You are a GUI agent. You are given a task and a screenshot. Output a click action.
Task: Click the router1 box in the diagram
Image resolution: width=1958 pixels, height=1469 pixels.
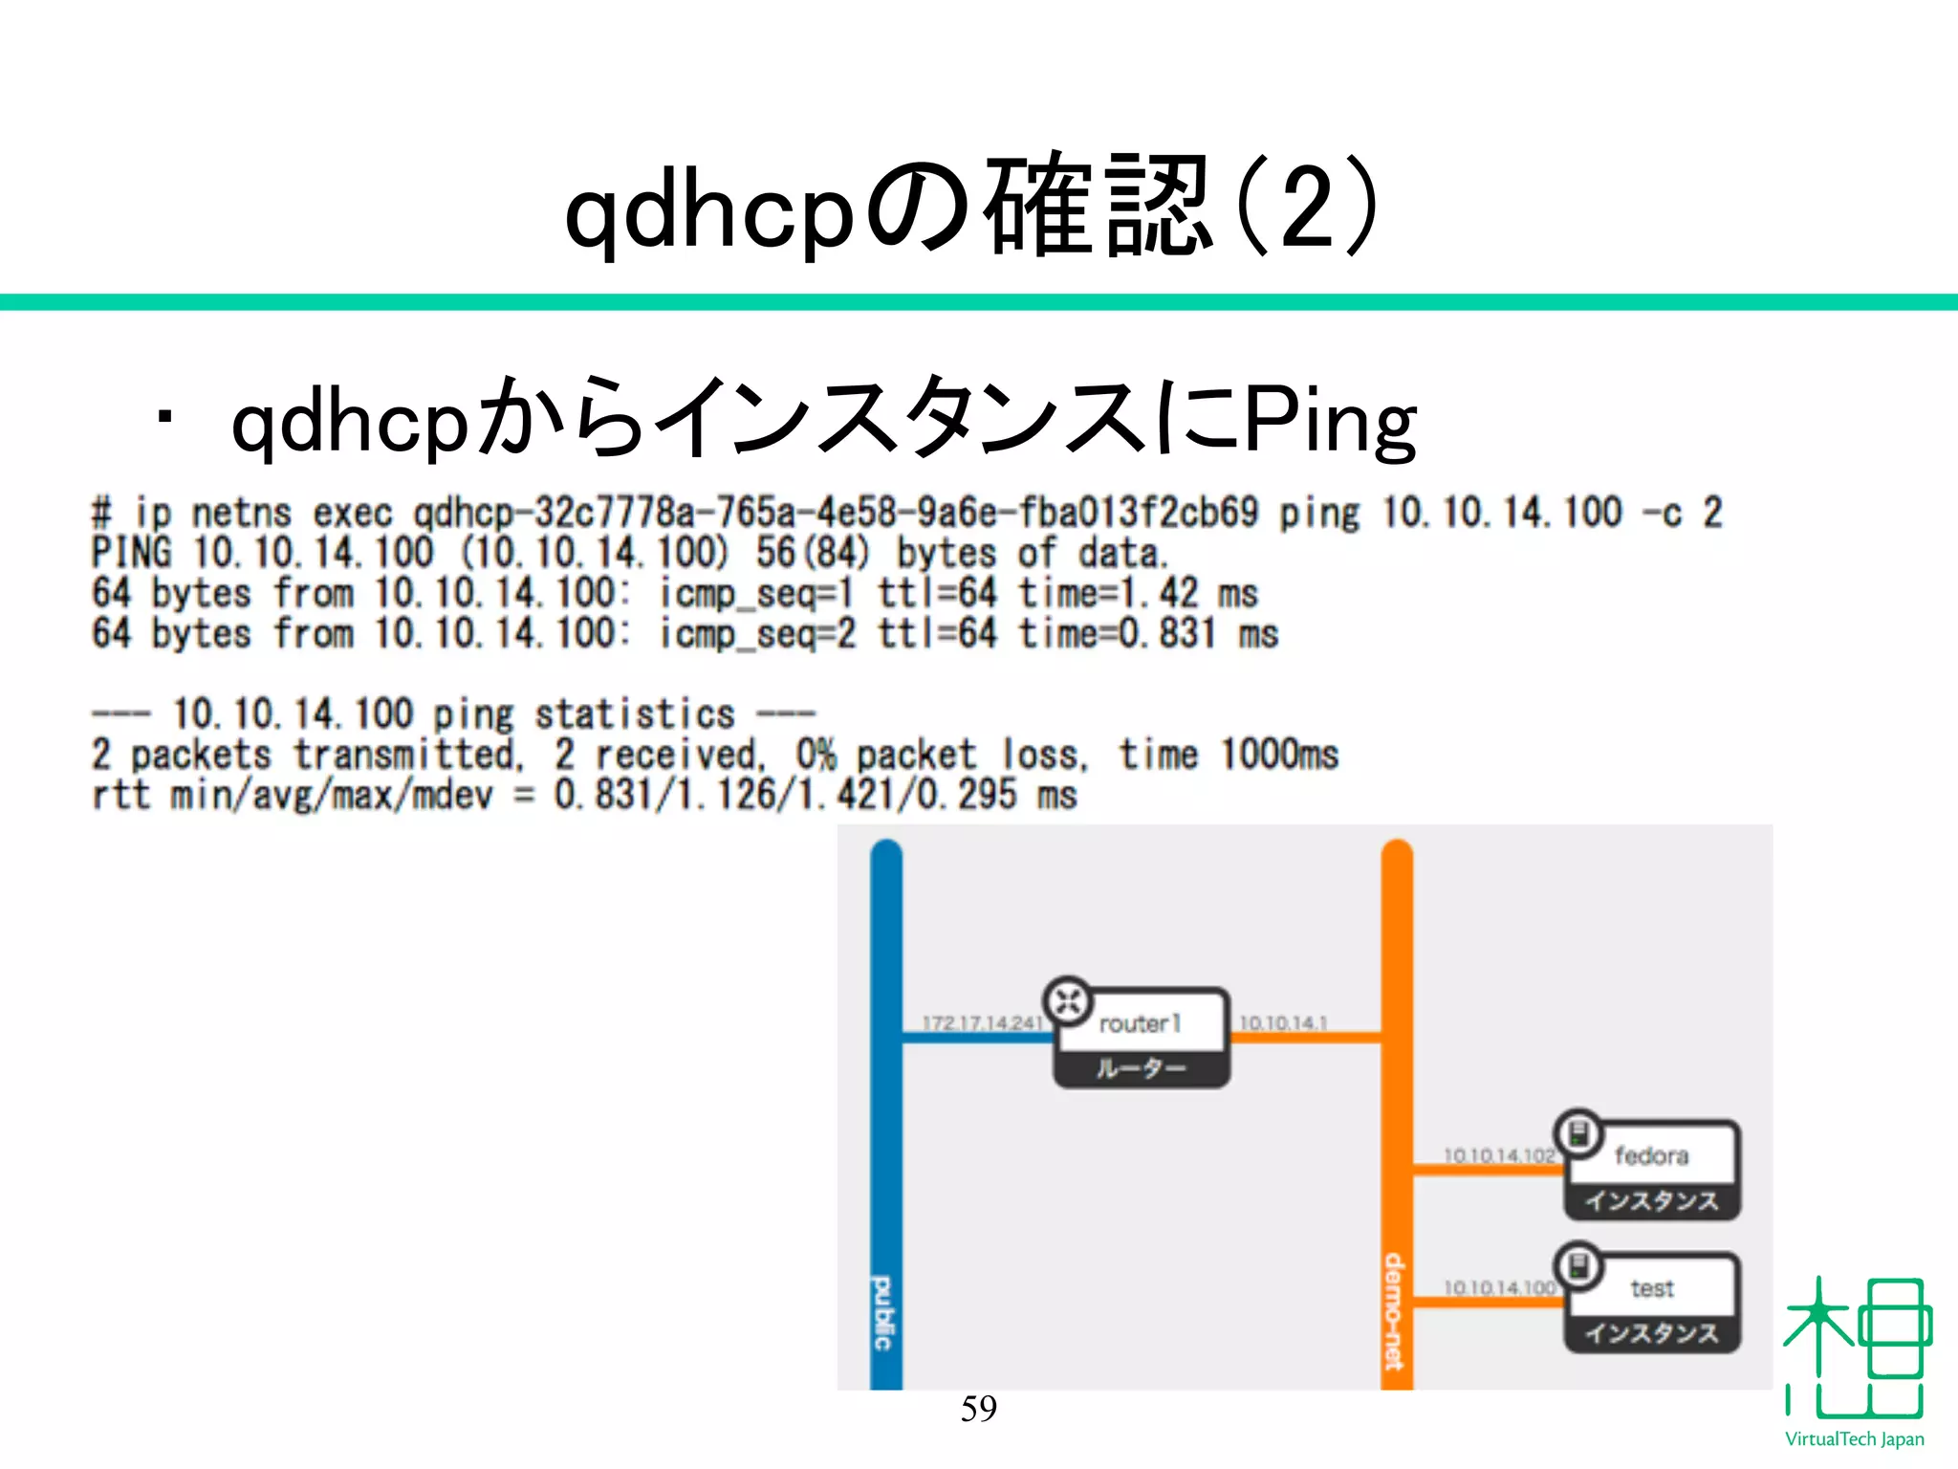click(x=1142, y=1039)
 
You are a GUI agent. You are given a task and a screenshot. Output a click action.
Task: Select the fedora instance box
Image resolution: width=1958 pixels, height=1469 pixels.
click(x=1651, y=1171)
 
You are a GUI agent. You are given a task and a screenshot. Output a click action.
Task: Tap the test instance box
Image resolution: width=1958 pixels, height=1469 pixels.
click(x=1651, y=1303)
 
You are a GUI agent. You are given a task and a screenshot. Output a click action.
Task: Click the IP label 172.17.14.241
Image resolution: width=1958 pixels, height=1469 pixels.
click(x=982, y=1023)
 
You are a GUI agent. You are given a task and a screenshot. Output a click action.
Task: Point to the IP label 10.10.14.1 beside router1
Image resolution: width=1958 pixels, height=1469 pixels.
click(x=1283, y=1023)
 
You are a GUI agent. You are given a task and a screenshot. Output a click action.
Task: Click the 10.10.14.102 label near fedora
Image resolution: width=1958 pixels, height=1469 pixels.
click(x=1498, y=1155)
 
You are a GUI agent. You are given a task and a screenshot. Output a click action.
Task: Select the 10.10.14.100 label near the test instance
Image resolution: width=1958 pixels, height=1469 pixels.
click(x=1498, y=1288)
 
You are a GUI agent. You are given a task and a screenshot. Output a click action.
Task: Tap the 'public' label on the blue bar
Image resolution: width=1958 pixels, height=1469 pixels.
click(x=884, y=1312)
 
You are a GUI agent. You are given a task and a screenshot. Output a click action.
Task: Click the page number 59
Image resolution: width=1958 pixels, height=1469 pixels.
click(x=978, y=1408)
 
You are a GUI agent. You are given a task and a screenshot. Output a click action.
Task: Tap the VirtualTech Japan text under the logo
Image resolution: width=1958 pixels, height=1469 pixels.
click(x=1854, y=1439)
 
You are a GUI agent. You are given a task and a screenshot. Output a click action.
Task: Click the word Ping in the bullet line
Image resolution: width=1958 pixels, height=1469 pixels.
click(x=1329, y=420)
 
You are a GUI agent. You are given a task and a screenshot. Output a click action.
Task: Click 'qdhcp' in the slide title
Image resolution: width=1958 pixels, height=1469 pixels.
click(x=708, y=210)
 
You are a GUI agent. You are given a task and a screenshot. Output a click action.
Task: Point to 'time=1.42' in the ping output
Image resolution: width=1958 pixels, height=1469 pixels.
click(x=1108, y=593)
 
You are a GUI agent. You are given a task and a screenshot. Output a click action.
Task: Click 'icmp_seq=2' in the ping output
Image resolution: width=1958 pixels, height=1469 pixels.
click(x=757, y=633)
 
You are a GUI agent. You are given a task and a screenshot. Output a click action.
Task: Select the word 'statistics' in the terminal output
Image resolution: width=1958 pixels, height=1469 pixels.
click(x=634, y=714)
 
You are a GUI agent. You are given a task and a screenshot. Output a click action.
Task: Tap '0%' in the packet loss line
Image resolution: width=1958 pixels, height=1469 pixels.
click(x=816, y=755)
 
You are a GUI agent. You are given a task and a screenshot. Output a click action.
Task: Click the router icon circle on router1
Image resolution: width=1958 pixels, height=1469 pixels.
click(x=1068, y=1001)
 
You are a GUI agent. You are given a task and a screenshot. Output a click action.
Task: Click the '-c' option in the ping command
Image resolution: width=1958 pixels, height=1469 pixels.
click(x=1662, y=514)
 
